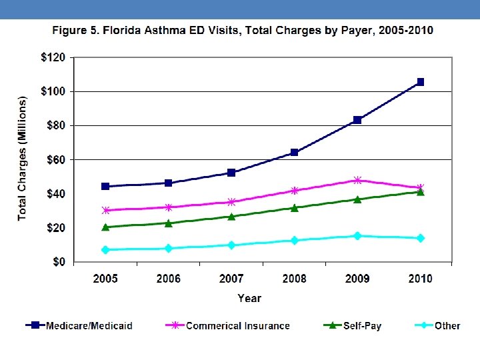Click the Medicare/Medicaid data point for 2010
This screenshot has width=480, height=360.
tap(420, 82)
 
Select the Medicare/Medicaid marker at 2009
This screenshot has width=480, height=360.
tap(357, 120)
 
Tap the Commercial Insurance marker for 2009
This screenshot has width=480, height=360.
tap(357, 180)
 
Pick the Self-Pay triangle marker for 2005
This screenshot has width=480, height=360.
tap(105, 227)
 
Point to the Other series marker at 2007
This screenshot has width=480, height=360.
tap(231, 245)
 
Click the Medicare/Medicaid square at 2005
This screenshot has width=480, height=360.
tap(105, 186)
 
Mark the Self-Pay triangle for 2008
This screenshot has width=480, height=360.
tap(294, 207)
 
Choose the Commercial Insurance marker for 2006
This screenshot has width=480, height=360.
tap(168, 207)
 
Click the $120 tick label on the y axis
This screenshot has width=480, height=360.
tap(53, 57)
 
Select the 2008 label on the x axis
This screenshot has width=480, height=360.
tap(294, 279)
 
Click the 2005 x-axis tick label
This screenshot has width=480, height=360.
tap(105, 279)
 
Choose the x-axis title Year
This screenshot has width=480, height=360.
tap(250, 299)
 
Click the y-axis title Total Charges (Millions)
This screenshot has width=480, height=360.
tap(23, 159)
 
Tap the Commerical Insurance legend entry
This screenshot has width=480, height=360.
tap(237, 326)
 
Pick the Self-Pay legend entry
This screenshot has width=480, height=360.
tap(362, 326)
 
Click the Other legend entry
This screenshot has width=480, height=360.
tap(447, 326)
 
